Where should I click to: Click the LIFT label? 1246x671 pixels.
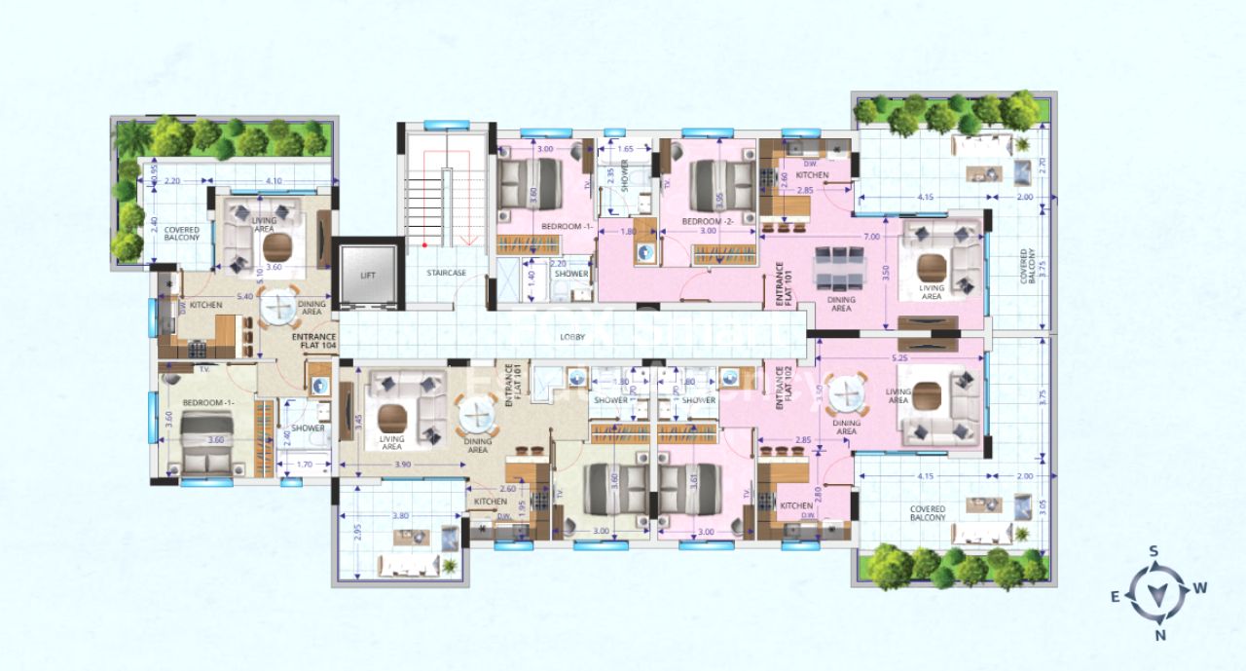[367, 276]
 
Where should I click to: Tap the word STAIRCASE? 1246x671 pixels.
[444, 274]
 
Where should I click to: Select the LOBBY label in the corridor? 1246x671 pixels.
[571, 337]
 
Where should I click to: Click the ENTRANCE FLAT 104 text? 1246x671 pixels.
[314, 341]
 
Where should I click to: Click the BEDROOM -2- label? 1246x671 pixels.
[700, 221]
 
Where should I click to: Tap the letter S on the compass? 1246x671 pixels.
[1154, 551]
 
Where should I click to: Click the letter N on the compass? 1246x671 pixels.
[1160, 635]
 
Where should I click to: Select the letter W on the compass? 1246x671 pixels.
[1200, 587]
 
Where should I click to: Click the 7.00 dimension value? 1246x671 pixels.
[871, 237]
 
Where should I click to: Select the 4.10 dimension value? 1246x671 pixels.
[274, 180]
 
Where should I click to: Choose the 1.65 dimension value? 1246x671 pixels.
[627, 149]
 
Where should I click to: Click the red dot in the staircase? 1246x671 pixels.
[425, 245]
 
